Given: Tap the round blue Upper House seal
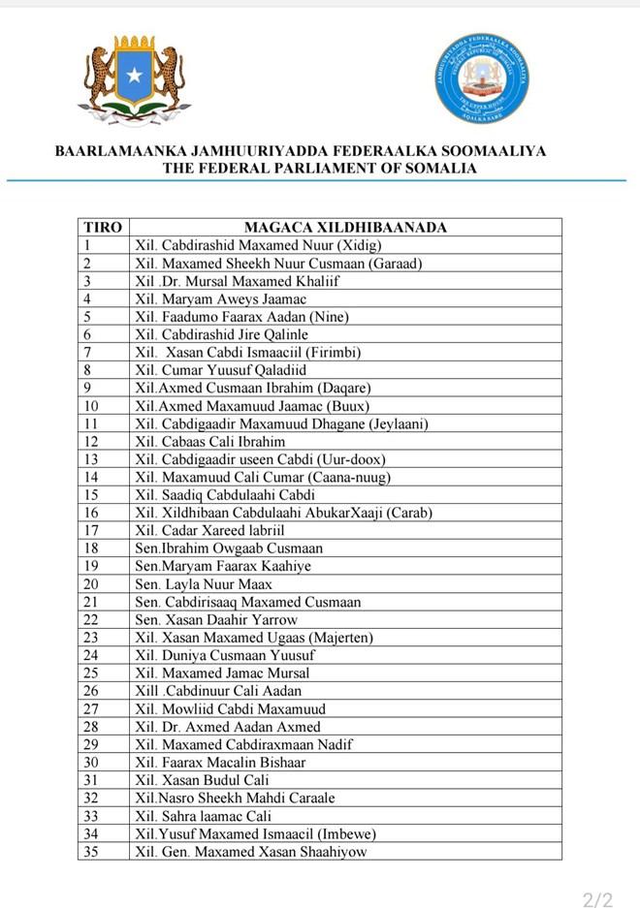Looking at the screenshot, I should [x=481, y=78].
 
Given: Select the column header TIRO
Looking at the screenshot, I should [x=103, y=228].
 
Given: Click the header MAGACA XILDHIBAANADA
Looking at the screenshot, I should [x=345, y=228].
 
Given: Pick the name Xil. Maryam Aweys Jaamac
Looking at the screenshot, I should [x=221, y=299].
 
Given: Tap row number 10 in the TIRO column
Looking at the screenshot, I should [x=91, y=406].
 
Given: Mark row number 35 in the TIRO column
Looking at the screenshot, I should [x=91, y=852].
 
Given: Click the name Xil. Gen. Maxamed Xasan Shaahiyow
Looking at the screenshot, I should [x=251, y=852].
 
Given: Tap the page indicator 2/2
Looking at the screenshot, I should [x=597, y=900].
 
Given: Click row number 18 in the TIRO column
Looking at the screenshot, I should [x=91, y=548].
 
